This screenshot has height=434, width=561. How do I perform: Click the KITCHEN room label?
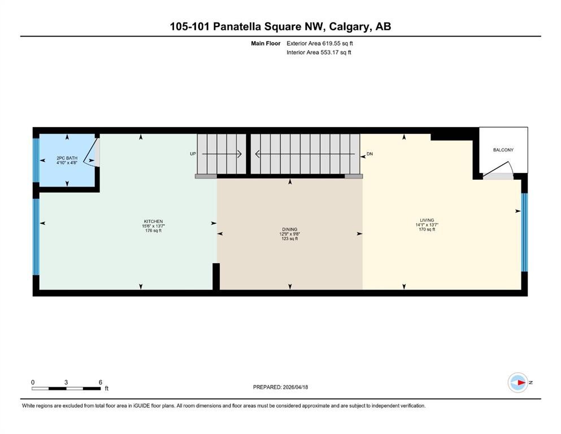(153, 221)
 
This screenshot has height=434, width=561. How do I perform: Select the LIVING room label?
(427, 220)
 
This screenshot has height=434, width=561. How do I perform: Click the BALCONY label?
(503, 150)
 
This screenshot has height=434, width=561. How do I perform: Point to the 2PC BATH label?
(67, 158)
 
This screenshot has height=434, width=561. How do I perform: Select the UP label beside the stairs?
(193, 154)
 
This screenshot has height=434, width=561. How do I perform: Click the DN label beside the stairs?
(369, 154)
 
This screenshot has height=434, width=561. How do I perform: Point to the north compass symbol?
(518, 383)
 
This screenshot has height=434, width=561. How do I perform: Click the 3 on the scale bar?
(66, 382)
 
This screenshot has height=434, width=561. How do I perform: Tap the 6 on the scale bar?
(100, 382)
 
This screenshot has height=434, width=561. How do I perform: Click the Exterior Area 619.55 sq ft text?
(320, 43)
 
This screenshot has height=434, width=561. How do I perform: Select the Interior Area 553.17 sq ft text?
(319, 53)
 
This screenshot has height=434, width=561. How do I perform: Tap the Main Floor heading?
(266, 43)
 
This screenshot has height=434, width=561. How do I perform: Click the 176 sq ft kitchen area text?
(153, 231)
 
